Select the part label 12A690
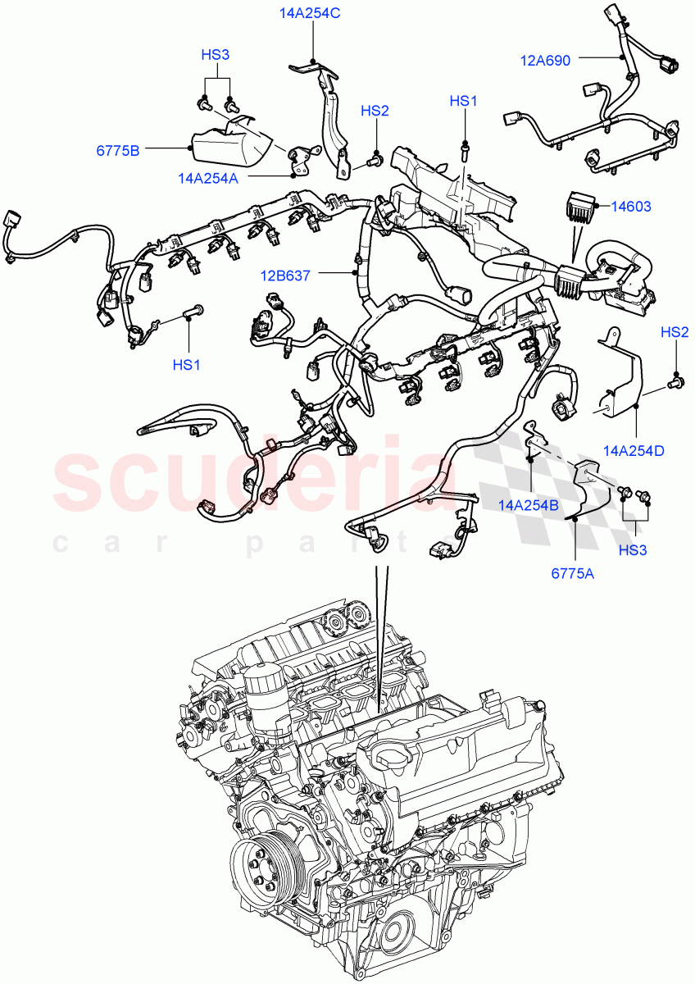click(546, 59)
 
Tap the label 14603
click(631, 207)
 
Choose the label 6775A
click(572, 574)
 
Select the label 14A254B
click(529, 506)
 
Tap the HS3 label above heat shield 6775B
click(216, 55)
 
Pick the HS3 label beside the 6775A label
click(633, 549)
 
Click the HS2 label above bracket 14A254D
click(674, 332)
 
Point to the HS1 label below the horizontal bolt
click(186, 365)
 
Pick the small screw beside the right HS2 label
click(676, 379)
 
